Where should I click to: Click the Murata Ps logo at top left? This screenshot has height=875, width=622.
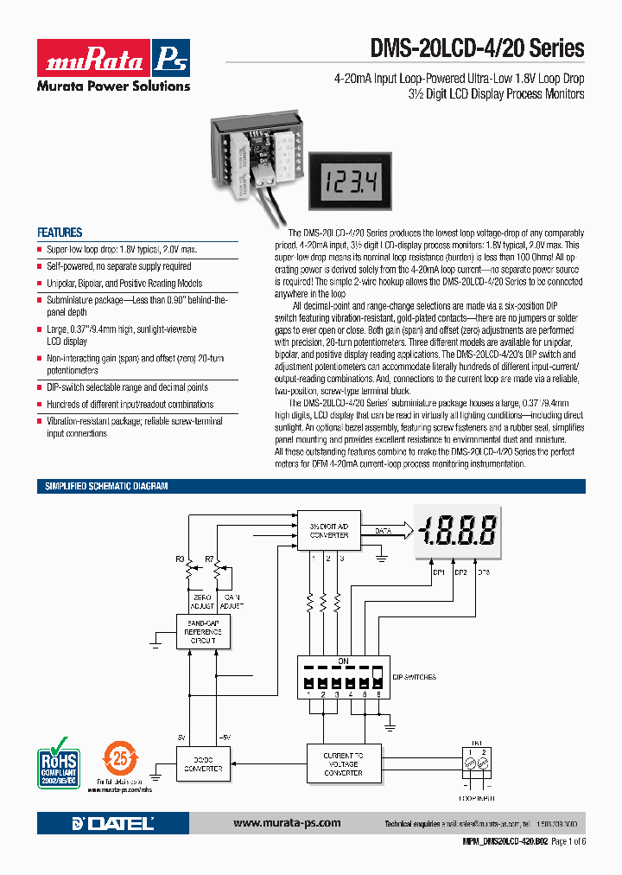pos(112,58)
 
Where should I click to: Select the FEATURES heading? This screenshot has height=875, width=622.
pos(60,233)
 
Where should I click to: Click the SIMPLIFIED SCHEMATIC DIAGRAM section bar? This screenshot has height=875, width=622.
pos(106,487)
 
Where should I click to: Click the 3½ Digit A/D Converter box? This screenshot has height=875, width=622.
pos(328,530)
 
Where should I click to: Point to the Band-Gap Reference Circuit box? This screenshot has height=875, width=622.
pos(203,631)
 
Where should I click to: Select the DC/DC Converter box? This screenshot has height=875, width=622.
pos(203,764)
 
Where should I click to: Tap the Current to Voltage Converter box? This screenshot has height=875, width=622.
pos(342,764)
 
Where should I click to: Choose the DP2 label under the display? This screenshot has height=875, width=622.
pos(460,572)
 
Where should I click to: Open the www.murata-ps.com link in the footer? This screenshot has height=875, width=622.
pos(287,823)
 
